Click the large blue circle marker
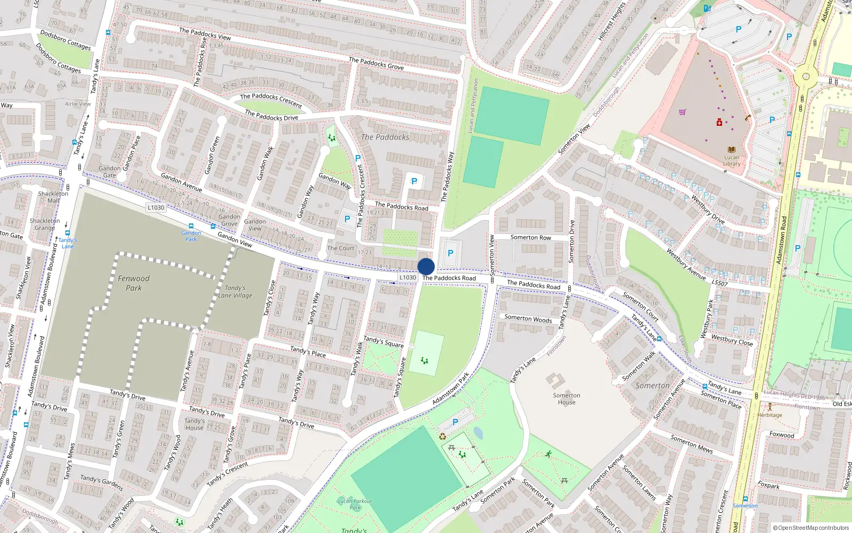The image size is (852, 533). pos(426,266)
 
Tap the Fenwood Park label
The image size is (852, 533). pos(134,283)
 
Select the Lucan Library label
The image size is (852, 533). pos(732,160)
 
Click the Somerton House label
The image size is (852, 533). pos(567,399)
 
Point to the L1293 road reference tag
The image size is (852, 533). pos(156,207)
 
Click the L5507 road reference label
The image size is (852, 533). pos(719,283)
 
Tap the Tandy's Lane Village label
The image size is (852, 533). pos(235,292)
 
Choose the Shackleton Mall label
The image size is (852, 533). pos(53,197)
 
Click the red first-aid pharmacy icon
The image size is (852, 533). pos(719,123)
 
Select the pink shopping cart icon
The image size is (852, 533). pos(682,112)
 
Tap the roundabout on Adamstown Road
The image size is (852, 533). pos(806,76)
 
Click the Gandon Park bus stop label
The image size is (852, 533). pos(191,236)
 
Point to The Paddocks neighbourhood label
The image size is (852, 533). pos(385,137)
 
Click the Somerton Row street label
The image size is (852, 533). pos(530,238)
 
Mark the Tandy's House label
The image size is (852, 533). pos(194,424)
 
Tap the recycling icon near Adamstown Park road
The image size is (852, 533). pos(442,437)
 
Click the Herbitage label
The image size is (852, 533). pos(770,415)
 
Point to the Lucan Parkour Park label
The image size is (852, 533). pos(355,504)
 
